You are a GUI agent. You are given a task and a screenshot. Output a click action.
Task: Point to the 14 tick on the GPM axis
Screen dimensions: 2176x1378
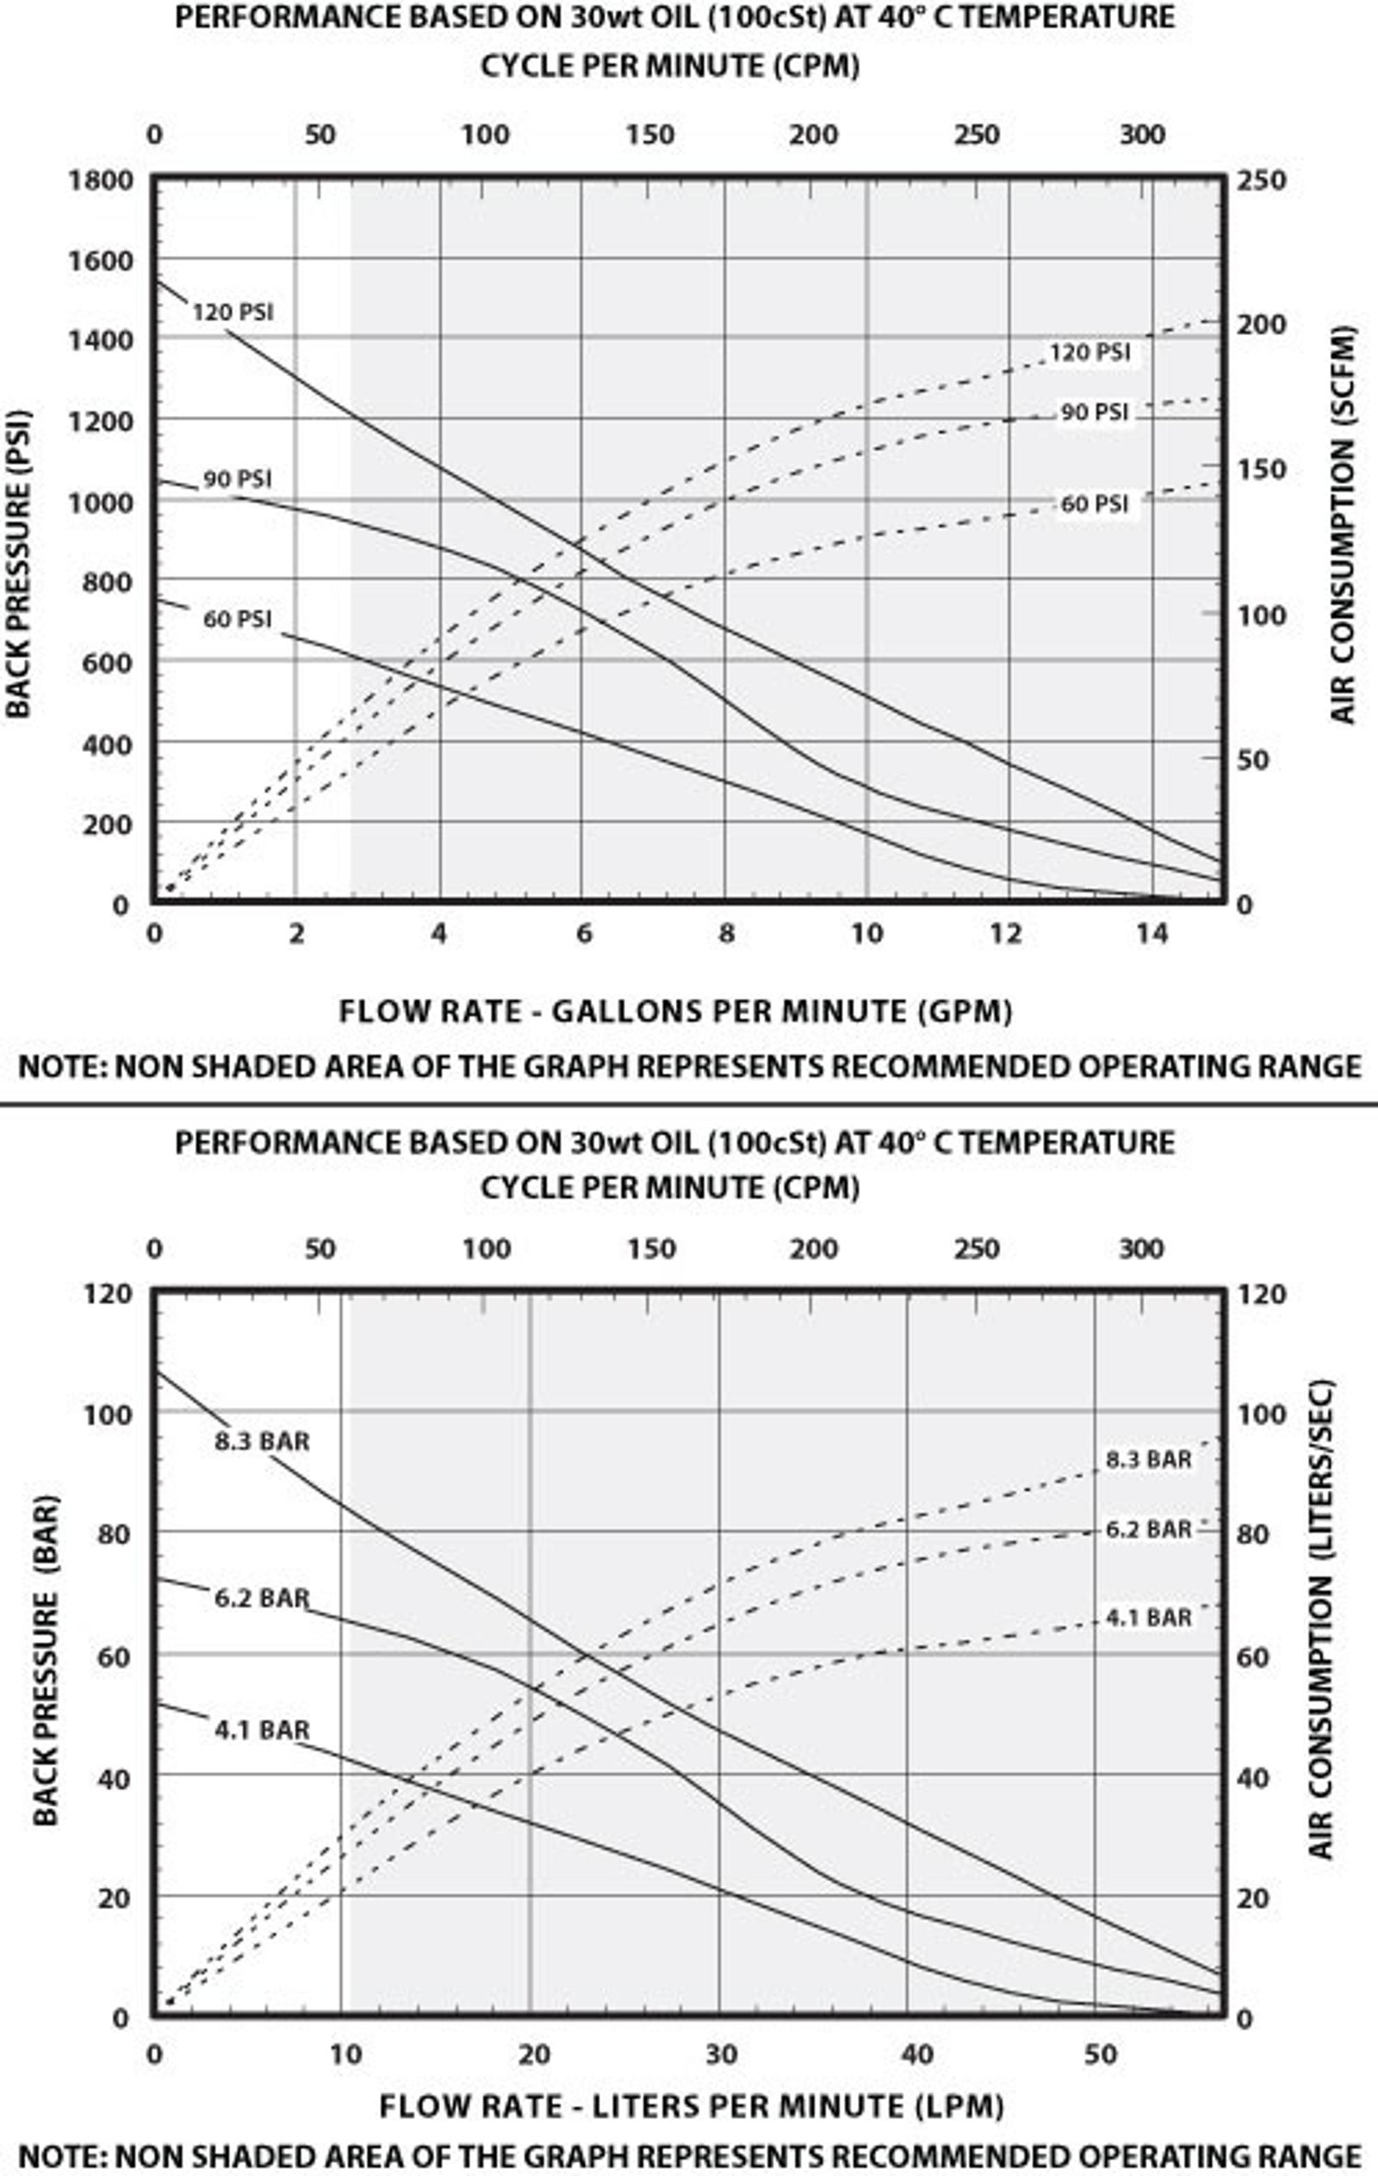1151,934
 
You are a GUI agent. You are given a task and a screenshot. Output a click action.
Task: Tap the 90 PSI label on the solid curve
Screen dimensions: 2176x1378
237,479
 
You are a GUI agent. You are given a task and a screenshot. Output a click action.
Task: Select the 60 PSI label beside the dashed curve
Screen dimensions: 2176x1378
1094,503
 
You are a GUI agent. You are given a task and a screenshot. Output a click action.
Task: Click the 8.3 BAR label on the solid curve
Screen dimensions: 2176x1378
262,1440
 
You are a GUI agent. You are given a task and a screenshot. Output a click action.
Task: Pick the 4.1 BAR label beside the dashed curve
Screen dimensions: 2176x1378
1149,1618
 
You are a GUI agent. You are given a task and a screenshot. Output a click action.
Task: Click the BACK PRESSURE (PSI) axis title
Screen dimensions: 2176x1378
19,565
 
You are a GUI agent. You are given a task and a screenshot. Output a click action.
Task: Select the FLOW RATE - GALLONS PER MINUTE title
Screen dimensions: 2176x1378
675,1010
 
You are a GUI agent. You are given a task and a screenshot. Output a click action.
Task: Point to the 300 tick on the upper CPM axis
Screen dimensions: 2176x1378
1142,134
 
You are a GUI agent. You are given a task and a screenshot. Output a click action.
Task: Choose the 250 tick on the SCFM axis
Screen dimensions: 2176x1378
1262,181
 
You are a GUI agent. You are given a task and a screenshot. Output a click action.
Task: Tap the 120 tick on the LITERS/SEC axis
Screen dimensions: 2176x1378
1262,1294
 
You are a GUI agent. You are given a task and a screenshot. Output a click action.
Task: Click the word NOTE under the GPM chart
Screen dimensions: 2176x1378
60,1066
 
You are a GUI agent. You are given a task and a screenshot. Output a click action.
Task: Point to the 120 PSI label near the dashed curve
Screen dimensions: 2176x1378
1089,351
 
